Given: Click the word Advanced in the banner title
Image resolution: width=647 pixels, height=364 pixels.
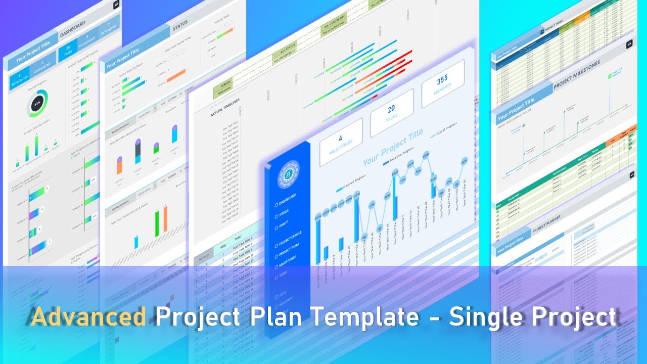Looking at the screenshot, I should tap(88, 317).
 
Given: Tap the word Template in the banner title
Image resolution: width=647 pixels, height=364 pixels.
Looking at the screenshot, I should tap(363, 317).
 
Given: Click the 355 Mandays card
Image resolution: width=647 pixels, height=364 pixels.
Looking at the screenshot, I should tap(443, 84).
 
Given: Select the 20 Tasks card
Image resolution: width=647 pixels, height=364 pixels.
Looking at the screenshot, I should tap(392, 113).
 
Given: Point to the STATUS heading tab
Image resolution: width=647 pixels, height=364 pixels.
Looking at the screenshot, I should tap(180, 28).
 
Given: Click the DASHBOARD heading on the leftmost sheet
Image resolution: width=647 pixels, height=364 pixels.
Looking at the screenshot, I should tap(73, 29).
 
